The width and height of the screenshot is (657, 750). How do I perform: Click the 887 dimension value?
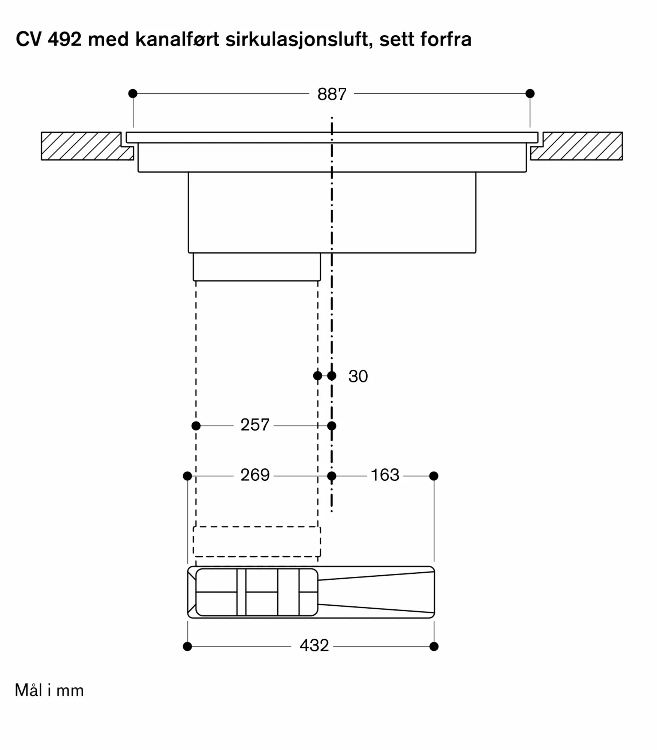[332, 94]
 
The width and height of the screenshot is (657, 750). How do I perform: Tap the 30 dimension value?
[358, 376]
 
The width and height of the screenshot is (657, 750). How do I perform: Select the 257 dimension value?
[255, 425]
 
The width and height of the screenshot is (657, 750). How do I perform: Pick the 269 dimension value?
[255, 475]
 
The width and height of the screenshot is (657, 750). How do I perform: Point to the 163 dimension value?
[385, 475]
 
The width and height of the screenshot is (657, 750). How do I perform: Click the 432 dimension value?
[314, 645]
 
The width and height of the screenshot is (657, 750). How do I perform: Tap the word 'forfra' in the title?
[446, 39]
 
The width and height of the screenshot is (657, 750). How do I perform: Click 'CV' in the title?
[28, 39]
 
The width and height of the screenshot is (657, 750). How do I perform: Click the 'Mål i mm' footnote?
[49, 690]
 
